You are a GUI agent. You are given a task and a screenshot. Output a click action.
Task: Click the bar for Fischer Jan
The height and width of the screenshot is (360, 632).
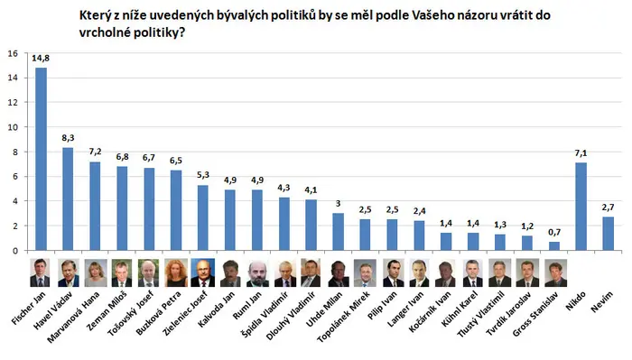[41, 159]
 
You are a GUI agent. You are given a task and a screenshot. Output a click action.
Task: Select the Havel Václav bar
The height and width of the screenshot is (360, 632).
[68, 198]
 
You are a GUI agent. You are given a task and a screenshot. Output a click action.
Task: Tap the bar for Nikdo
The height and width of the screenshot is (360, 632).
[581, 207]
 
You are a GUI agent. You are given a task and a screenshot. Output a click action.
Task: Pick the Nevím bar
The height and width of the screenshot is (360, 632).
[608, 234]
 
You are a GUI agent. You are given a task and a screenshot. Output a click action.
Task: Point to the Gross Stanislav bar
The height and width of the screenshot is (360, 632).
[553, 246]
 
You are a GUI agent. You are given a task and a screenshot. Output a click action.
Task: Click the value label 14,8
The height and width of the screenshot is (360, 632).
[41, 59]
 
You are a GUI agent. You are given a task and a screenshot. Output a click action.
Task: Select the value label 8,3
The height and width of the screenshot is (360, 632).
[68, 138]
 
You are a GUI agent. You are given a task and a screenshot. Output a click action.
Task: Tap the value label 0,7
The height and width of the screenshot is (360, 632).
[554, 233]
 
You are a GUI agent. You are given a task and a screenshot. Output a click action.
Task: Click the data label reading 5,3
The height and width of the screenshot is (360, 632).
[203, 175]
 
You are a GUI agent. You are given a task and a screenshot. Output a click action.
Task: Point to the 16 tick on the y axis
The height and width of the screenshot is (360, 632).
[13, 53]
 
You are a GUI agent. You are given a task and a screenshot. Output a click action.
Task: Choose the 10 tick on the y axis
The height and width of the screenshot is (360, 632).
[13, 127]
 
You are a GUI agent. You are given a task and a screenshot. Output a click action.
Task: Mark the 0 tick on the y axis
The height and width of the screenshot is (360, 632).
[15, 251]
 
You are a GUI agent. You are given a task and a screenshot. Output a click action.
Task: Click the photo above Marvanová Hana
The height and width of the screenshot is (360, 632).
[96, 272]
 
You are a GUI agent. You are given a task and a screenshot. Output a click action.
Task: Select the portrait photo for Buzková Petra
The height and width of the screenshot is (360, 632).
[176, 272]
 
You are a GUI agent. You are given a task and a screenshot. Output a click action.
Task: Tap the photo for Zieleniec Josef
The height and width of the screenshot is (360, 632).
[203, 272]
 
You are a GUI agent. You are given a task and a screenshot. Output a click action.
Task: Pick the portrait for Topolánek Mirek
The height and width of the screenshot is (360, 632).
[365, 272]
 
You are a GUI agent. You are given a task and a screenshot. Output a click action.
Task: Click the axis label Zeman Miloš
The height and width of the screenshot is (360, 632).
[107, 310]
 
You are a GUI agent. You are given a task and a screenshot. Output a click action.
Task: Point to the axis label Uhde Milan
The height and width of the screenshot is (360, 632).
[324, 309]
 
